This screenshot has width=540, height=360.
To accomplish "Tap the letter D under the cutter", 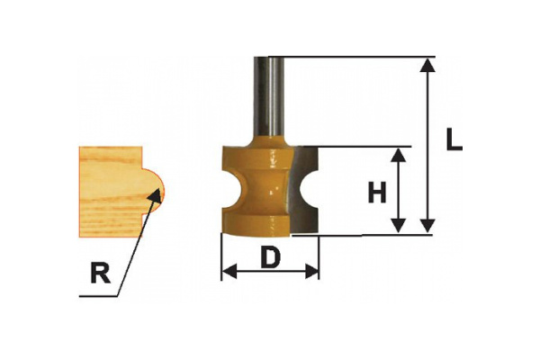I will tap(269, 258).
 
